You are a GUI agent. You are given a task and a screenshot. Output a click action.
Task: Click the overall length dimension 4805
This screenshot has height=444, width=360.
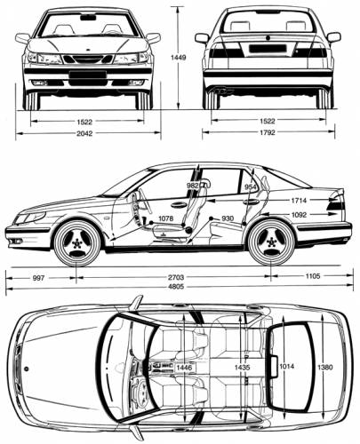click(176, 286)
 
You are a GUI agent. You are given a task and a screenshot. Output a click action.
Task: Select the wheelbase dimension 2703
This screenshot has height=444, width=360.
click(176, 277)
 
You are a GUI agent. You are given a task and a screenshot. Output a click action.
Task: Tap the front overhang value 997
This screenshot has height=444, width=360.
click(38, 278)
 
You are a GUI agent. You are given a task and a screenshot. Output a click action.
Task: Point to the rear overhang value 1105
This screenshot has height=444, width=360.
click(313, 276)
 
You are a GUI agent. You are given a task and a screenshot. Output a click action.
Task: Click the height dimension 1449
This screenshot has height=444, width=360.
click(178, 58)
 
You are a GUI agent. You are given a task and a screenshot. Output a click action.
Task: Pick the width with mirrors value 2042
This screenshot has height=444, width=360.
click(84, 133)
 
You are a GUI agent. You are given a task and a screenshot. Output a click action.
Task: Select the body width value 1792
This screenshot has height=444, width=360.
click(268, 132)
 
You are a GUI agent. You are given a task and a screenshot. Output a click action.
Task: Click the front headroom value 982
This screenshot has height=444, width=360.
click(193, 186)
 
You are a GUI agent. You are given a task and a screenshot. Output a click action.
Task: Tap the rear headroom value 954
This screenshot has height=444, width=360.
click(251, 186)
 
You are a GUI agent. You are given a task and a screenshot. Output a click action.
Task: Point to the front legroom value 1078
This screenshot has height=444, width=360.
click(165, 218)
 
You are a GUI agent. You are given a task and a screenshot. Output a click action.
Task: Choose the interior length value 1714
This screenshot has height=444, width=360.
click(299, 201)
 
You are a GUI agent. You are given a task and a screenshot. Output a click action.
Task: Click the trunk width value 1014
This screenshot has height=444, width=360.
click(286, 366)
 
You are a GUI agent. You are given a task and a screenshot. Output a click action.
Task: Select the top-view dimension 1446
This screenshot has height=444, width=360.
click(184, 368)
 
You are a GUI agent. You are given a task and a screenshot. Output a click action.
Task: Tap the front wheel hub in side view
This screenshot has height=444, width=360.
click(77, 243)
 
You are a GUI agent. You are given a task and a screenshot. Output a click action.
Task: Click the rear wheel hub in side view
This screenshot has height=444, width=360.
click(271, 242)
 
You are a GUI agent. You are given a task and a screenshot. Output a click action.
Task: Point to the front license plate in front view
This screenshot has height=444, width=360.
click(88, 75)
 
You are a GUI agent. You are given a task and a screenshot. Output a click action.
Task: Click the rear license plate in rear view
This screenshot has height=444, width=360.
click(268, 48)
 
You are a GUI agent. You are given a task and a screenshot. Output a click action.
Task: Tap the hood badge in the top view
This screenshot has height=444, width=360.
click(27, 369)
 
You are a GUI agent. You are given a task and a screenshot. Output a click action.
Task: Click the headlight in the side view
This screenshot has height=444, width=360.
click(30, 218)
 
